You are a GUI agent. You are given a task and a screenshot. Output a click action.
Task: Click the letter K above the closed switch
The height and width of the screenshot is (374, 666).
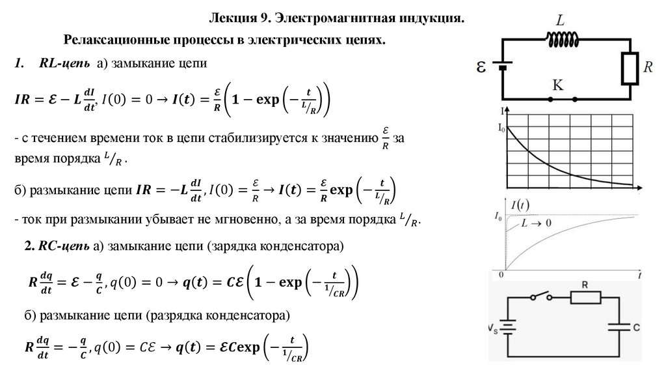pyautogui.click(x=557, y=84)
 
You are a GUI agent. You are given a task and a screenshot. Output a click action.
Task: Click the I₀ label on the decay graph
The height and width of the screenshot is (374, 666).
pyautogui.click(x=501, y=129)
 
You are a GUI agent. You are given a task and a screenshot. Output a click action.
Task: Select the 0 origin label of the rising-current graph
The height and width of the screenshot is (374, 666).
pyautogui.click(x=501, y=275)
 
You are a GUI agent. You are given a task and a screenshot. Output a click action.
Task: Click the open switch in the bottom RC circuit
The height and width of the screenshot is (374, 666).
pyautogui.click(x=539, y=297)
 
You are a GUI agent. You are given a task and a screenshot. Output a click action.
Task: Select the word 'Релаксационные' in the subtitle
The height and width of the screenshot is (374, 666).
pyautogui.click(x=109, y=40)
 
